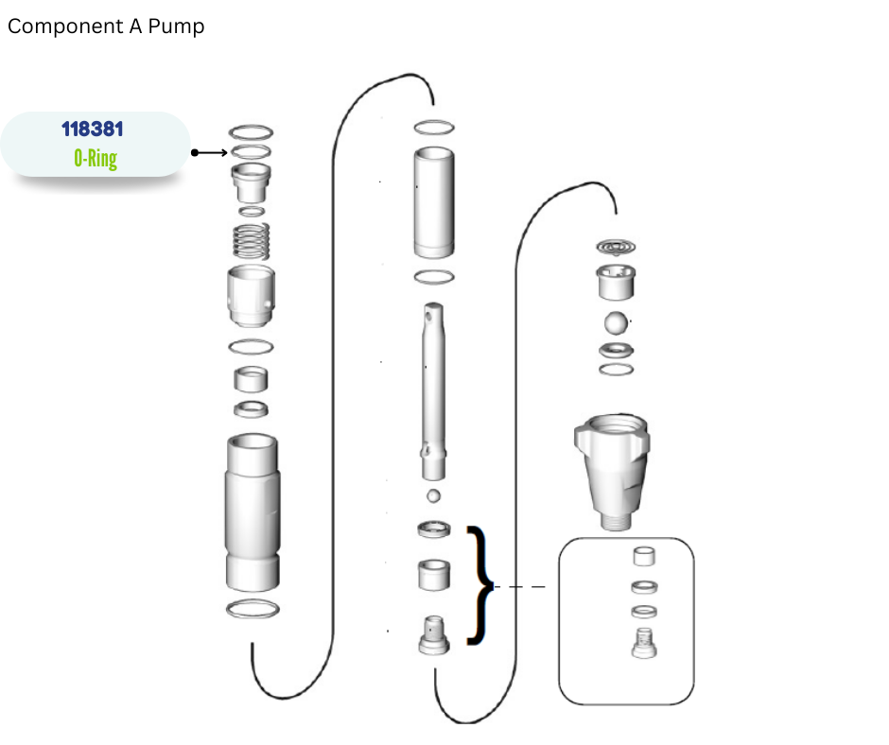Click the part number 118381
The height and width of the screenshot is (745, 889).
point(93,130)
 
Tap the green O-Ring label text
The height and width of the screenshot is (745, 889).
point(96,158)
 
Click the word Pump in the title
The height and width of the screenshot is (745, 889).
point(176,26)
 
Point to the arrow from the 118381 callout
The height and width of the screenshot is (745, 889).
point(209,152)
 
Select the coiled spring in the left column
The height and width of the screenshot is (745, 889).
point(252,241)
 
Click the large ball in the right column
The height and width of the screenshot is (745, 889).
point(616,323)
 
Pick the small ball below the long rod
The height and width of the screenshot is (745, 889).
point(433,496)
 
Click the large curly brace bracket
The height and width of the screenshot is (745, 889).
point(479,585)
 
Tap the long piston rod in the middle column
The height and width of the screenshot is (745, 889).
point(434,391)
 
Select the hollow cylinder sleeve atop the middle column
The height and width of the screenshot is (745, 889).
point(434,202)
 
